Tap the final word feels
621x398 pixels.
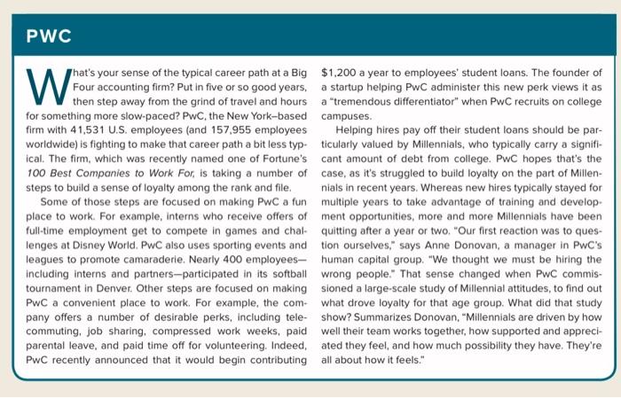click(x=414, y=363)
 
